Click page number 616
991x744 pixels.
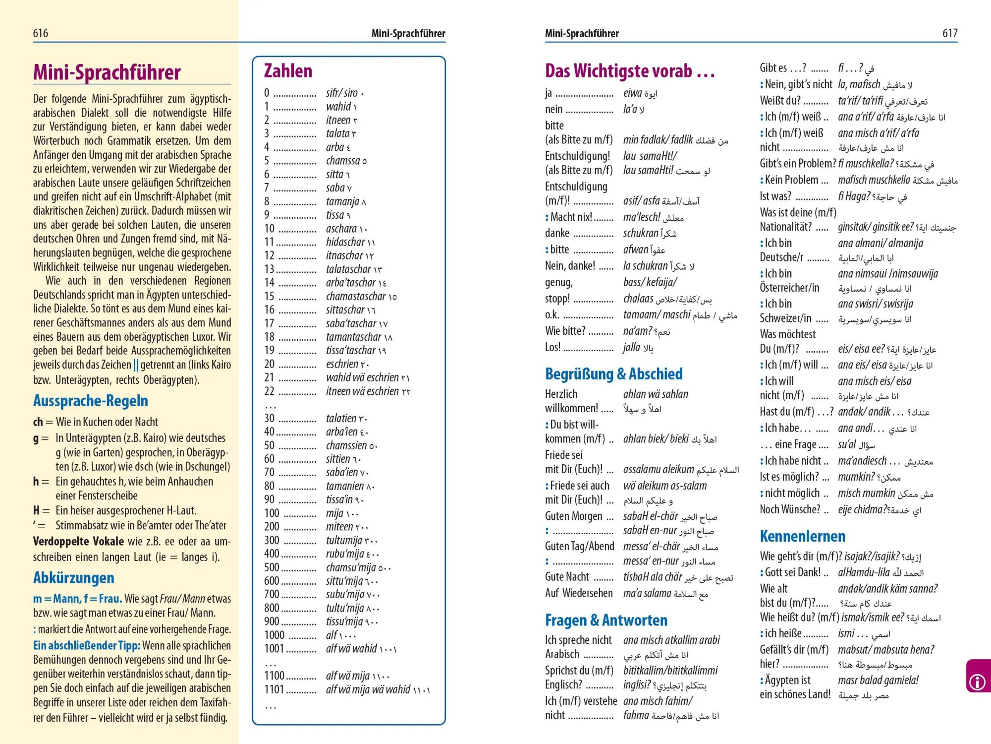pos(41,33)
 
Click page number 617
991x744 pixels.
pos(950,33)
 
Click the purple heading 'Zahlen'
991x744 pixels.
pos(288,71)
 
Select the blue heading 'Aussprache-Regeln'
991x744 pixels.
pos(91,401)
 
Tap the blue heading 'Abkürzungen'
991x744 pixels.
pos(74,578)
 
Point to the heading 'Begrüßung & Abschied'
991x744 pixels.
pos(613,374)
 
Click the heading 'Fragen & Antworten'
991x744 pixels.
pos(606,620)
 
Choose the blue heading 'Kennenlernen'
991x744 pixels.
pos(803,536)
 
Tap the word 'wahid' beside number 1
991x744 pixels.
pos(338,107)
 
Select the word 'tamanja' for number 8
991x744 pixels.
pos(342,201)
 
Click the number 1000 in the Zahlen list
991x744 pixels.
pos(274,635)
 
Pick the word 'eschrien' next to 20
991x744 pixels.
pos(342,364)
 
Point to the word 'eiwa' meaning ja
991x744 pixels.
pos(632,93)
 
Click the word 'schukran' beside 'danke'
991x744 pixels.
pos(641,233)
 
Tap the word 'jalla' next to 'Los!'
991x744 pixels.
pos(632,347)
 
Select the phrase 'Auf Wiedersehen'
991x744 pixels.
pos(579,593)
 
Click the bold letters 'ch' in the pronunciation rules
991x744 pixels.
pos(38,422)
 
